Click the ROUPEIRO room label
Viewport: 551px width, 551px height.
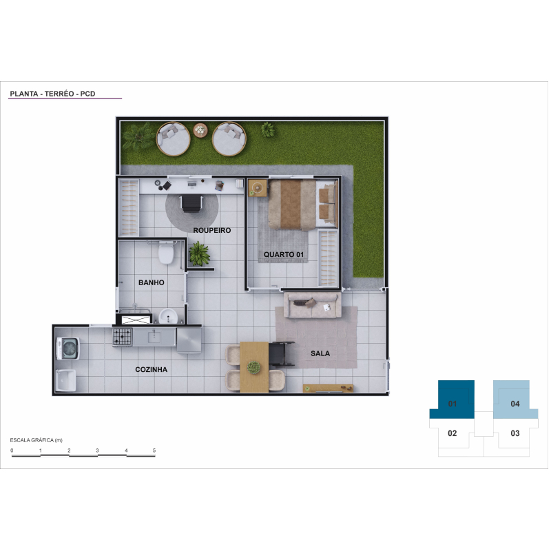(x=212, y=230)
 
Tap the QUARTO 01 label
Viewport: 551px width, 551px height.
(x=284, y=254)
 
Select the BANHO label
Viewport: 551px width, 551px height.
(x=151, y=282)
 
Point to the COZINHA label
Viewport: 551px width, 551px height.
(x=151, y=369)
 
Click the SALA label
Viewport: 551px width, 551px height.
(x=320, y=353)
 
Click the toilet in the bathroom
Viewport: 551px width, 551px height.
(x=166, y=252)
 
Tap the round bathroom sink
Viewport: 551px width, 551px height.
(x=168, y=316)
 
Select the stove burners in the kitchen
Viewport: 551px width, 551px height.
(x=123, y=337)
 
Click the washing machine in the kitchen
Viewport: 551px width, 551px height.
(x=68, y=349)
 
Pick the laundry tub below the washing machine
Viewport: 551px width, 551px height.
(x=65, y=380)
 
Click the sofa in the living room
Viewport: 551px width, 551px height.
(x=313, y=304)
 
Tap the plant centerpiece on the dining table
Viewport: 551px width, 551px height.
(x=253, y=368)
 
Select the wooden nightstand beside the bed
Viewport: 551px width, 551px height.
(x=258, y=187)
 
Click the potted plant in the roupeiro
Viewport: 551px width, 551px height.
(x=199, y=253)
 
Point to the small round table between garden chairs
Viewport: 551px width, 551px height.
(x=200, y=130)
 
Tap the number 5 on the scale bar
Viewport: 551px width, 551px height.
(x=154, y=450)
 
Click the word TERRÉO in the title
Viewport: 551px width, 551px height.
(x=59, y=94)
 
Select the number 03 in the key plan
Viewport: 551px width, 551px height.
(x=515, y=433)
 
